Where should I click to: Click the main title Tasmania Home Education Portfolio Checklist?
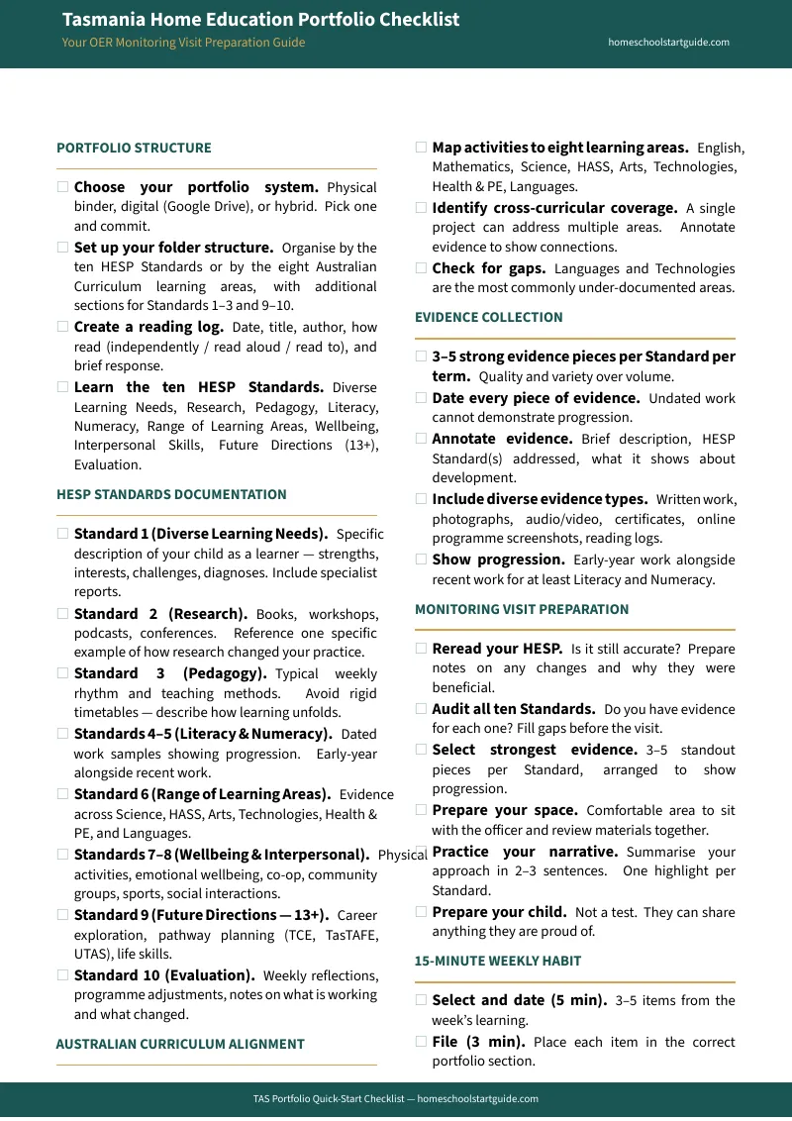[x=260, y=20]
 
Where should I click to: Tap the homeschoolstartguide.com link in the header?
[x=668, y=43]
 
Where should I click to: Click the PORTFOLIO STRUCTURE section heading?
[x=134, y=149]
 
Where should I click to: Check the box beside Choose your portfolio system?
[x=63, y=187]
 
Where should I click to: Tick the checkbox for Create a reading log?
[x=63, y=327]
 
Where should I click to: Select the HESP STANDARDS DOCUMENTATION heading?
[x=171, y=495]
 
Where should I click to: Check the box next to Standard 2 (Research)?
[x=63, y=614]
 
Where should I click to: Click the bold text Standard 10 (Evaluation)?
[x=164, y=975]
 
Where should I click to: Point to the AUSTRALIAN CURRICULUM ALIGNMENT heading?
[x=180, y=1045]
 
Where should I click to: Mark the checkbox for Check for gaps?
[x=422, y=268]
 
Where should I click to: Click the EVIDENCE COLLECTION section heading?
[x=488, y=318]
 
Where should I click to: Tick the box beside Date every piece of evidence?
[x=422, y=398]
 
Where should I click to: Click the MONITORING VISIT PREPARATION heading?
[x=522, y=610]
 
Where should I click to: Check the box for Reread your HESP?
[x=422, y=650]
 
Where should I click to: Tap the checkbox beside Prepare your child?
[x=422, y=912]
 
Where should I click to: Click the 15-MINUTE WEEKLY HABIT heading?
[x=497, y=962]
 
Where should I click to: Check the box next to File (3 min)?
[x=422, y=1042]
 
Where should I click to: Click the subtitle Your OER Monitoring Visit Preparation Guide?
[x=183, y=43]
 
